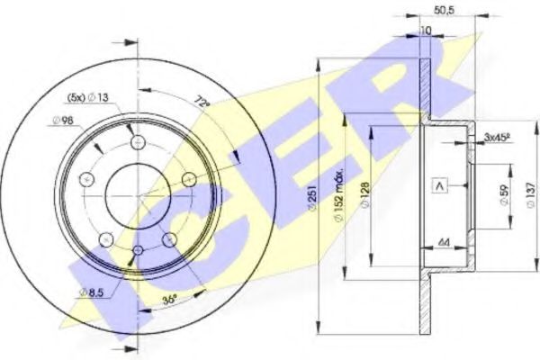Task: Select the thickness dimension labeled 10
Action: [424, 31]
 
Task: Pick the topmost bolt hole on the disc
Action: [136, 140]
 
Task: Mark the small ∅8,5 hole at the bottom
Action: [138, 250]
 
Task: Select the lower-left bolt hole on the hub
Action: [105, 238]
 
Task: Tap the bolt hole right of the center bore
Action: [189, 180]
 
